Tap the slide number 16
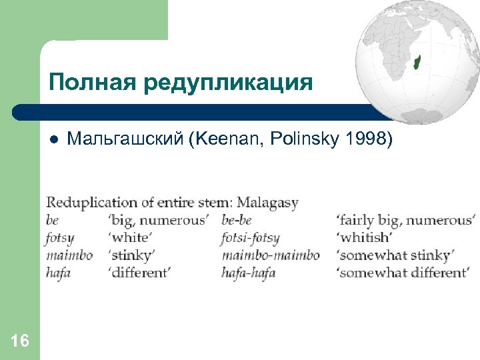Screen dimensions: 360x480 coord(20,341)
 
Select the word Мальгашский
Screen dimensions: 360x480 coord(125,140)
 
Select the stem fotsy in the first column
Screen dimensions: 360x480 coord(60,238)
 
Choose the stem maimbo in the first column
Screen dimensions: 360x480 coord(69,255)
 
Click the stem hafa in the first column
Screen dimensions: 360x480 coord(59,273)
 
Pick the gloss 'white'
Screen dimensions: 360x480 coord(131,238)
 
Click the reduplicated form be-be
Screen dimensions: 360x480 coord(237,221)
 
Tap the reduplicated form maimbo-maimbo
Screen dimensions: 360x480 coord(271,255)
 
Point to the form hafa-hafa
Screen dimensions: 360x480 coord(249,273)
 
